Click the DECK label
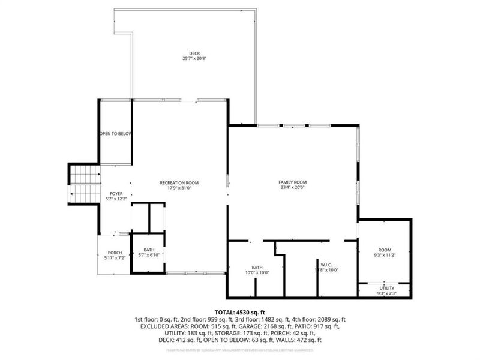click(193, 53)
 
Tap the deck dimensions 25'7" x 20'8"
click(193, 59)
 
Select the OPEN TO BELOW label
click(115, 134)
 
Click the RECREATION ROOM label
click(179, 182)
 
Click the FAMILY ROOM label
click(292, 182)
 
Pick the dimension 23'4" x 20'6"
click(292, 188)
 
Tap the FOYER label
click(116, 193)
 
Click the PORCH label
click(115, 253)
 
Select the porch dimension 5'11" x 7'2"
click(115, 259)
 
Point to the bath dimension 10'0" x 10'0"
click(257, 272)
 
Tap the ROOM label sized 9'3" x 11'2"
click(384, 250)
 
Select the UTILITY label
click(387, 288)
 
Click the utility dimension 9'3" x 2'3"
click(387, 293)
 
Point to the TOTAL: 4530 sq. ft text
click(239, 311)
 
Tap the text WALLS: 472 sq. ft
click(296, 340)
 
